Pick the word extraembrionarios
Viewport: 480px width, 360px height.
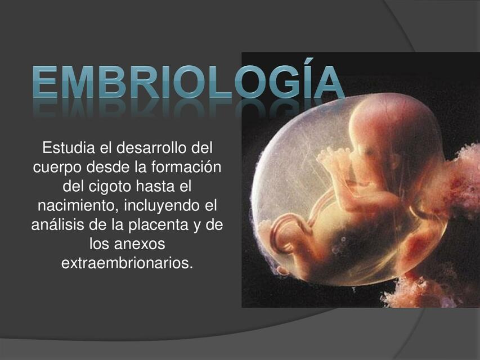[x=127, y=263]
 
